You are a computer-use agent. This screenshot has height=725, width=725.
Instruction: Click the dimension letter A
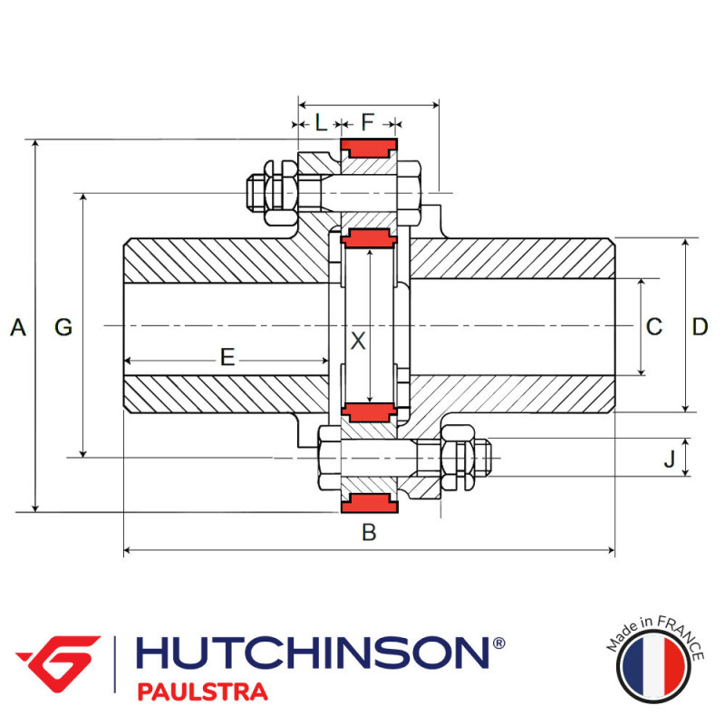(17, 327)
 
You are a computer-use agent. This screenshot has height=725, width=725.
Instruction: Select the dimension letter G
(63, 327)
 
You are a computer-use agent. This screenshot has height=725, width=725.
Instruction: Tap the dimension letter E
(227, 357)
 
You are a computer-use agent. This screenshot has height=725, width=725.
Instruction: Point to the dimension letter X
(358, 341)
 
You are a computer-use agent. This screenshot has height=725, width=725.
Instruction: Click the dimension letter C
(654, 327)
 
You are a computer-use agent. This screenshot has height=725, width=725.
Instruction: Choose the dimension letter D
(700, 327)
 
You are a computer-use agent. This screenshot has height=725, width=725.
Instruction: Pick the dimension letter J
(669, 459)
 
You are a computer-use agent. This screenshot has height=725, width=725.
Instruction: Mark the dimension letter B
(369, 533)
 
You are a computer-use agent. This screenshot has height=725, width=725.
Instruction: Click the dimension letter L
(321, 122)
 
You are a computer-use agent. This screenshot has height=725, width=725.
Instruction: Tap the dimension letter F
(367, 122)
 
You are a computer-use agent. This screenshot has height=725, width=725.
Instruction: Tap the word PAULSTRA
(202, 692)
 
